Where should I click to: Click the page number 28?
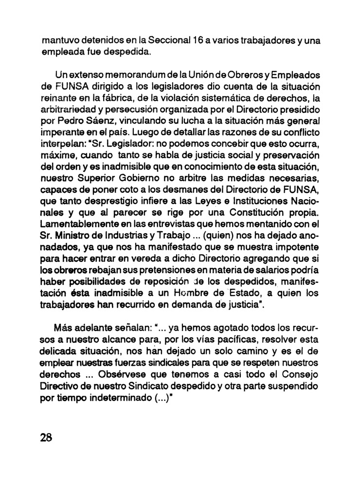(46, 437)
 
